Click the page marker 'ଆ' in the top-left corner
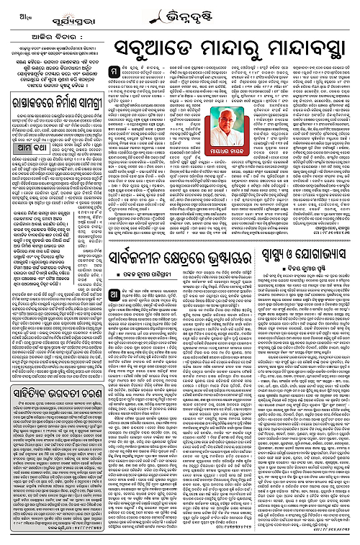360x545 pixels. pyautogui.click(x=8, y=9)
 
